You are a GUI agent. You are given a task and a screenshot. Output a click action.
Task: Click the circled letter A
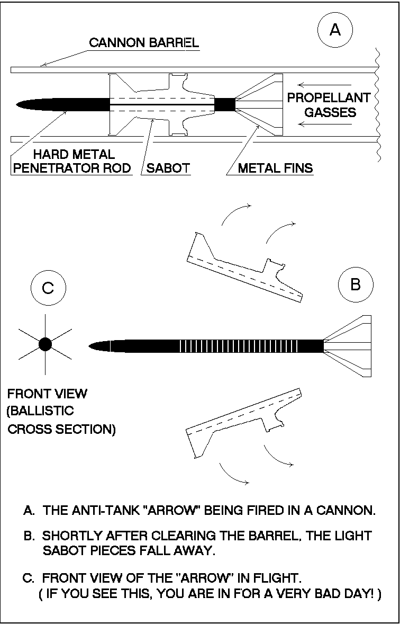[x=335, y=30]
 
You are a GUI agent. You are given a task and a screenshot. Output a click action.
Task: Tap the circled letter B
[x=355, y=284]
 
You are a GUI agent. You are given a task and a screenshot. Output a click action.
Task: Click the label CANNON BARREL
[x=144, y=43]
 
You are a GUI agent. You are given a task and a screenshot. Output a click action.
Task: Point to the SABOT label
[x=167, y=169]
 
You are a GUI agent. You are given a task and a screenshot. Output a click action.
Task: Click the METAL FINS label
[x=275, y=169]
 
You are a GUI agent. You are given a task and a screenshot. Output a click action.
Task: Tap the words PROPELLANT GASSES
[x=328, y=105]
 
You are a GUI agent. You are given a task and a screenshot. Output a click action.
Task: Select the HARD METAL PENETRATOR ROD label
[x=74, y=162]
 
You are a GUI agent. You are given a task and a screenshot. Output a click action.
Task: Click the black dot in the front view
[x=45, y=345]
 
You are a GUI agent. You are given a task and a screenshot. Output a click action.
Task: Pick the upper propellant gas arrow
[x=324, y=85]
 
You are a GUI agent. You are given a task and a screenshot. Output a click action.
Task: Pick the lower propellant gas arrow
[x=324, y=124]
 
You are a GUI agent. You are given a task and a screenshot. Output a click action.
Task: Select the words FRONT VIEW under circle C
[x=48, y=394]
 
